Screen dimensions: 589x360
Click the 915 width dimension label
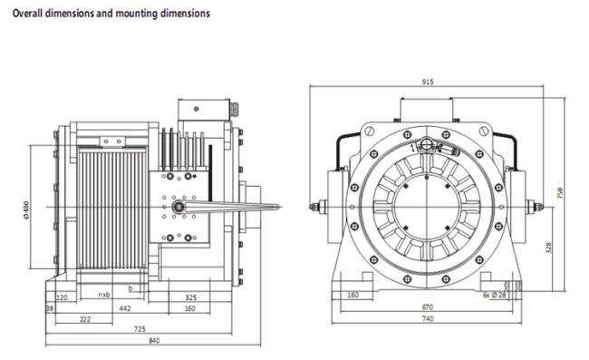point(428,82)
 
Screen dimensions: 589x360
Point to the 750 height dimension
point(560,193)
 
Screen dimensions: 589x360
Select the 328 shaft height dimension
point(548,248)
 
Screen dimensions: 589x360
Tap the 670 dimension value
point(428,307)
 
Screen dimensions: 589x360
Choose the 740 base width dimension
point(428,318)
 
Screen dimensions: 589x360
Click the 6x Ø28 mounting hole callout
point(495,295)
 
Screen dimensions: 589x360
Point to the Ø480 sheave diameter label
point(26,210)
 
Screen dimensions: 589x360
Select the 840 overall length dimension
point(154,341)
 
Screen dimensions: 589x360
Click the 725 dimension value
point(140,329)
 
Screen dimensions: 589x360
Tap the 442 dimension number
point(125,308)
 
